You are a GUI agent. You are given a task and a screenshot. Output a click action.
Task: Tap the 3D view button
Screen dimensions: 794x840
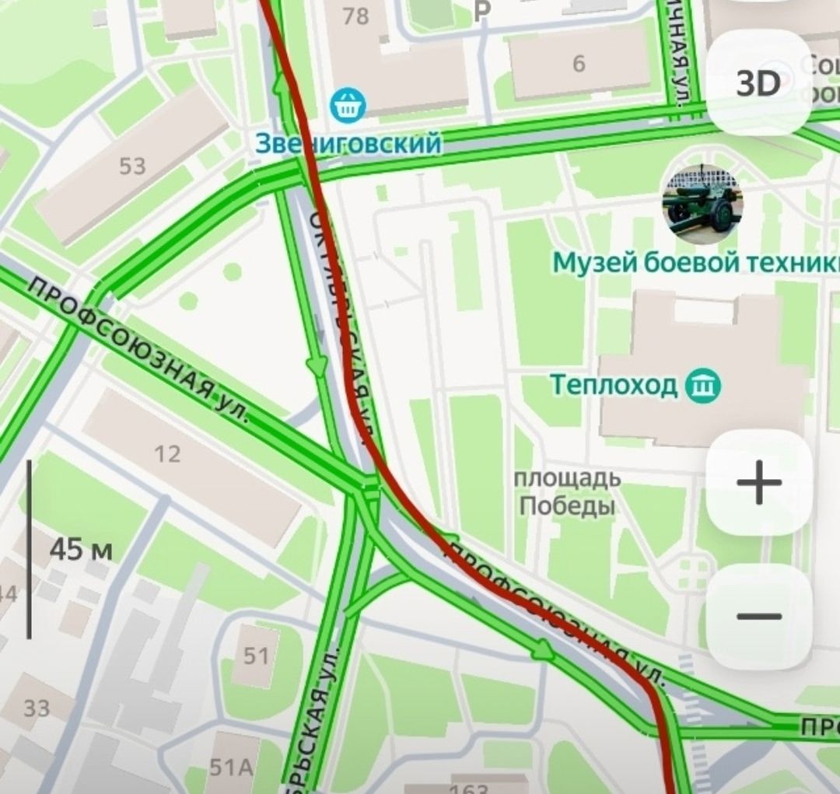[758, 83]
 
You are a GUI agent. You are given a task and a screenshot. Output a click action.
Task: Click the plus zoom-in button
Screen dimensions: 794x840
[758, 483]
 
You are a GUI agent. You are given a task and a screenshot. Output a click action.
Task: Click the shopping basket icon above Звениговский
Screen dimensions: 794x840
[346, 105]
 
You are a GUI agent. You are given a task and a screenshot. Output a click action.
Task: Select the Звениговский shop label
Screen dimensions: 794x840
[348, 143]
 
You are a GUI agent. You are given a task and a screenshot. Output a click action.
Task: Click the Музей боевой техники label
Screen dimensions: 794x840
[695, 264]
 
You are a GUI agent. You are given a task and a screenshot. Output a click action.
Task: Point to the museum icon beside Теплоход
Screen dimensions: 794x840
[703, 385]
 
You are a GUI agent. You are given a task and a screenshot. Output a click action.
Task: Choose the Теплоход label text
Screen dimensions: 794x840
[614, 384]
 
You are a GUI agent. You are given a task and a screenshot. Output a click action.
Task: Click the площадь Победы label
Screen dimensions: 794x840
[567, 492]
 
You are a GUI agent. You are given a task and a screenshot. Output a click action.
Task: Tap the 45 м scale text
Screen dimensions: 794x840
[81, 550]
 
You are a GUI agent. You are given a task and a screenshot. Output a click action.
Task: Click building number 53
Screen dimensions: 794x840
[132, 166]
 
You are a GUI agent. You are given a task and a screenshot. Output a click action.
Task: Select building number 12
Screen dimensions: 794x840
[167, 453]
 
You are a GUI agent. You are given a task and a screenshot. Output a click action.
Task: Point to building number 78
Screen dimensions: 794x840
[355, 16]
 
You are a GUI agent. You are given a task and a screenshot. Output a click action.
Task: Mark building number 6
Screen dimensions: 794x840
[579, 64]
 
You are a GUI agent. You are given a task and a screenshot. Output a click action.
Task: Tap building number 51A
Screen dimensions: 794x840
[231, 768]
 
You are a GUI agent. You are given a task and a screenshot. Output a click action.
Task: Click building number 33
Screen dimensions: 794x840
[36, 708]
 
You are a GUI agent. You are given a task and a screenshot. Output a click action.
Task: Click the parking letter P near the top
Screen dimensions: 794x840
[483, 10]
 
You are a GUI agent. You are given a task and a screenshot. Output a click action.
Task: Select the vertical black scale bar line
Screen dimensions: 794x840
[30, 549]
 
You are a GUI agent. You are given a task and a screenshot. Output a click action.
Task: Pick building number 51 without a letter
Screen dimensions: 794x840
[256, 656]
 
